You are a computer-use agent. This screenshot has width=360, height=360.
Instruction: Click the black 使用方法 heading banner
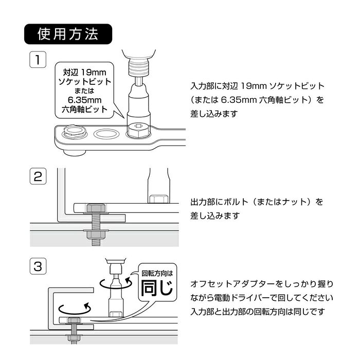pos(68,34)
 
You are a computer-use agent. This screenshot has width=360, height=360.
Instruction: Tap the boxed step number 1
pos(38,60)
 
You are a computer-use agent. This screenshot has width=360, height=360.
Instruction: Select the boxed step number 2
pos(38,176)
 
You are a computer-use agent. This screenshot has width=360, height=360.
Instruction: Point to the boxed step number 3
pos(38,266)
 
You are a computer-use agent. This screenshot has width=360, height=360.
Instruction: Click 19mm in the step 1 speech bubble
pos(94,73)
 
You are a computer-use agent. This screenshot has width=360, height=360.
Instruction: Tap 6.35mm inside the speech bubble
pos(85,100)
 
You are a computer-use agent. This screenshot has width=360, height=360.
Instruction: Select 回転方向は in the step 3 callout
pos(157,273)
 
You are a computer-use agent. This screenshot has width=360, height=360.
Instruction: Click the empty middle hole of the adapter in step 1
pos(106,134)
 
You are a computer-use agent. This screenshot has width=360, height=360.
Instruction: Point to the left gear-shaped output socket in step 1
pos(75,132)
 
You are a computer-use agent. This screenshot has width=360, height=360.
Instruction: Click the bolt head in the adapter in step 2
pos(97,208)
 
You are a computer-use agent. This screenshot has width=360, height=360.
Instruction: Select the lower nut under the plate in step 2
pos(96,235)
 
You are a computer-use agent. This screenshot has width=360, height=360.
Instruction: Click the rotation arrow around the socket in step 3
pos(116,283)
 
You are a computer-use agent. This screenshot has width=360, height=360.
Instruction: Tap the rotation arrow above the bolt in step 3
pos(75,309)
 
